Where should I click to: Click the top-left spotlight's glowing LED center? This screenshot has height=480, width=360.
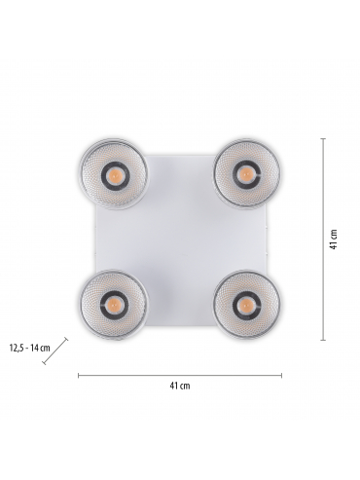tap(116, 175)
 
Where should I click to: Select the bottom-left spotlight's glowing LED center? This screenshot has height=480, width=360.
tap(114, 305)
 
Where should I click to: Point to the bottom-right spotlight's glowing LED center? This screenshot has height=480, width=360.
tap(245, 304)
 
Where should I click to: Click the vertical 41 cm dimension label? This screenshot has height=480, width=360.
tap(334, 240)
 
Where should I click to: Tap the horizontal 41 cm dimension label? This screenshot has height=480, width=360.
tap(180, 386)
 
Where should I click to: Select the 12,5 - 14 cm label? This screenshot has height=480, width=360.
tap(30, 349)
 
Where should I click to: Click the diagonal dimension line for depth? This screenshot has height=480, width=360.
tap(55, 351)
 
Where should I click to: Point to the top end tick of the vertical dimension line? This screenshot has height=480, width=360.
tap(323, 138)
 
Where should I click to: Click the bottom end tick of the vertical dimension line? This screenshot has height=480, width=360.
tap(323, 340)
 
